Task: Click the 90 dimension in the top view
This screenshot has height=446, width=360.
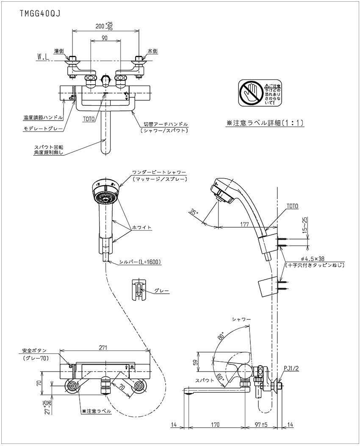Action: (x=105, y=38)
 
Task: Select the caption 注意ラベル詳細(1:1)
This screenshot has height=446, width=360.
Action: (x=266, y=123)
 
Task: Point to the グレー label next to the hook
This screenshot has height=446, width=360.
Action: (x=162, y=291)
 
